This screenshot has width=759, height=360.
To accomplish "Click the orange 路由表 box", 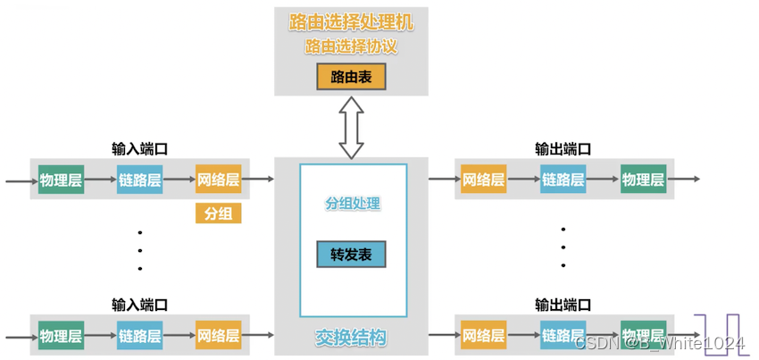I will tap(351, 78).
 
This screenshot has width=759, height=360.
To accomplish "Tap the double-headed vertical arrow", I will tap(351, 129).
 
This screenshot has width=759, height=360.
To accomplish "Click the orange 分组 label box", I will tap(218, 214).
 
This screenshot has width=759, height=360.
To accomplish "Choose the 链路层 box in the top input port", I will tap(139, 180).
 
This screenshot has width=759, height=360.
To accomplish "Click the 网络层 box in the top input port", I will tap(218, 180).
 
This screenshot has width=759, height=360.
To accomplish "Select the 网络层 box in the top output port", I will tap(483, 180).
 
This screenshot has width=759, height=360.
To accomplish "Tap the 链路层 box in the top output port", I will tap(563, 180).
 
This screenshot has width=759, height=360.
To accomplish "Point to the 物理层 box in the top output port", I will tap(643, 180).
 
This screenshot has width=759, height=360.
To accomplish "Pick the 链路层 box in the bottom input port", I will tap(139, 336).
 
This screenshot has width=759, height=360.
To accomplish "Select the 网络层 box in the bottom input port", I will tap(218, 336).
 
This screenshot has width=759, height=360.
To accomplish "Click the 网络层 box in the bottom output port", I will tap(483, 336).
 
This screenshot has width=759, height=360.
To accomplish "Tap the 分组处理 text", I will tap(353, 204).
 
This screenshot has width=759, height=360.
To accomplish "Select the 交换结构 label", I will tap(351, 339).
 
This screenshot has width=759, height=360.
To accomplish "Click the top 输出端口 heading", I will tap(563, 149).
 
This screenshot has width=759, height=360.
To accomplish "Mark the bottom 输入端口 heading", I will tap(139, 305).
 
